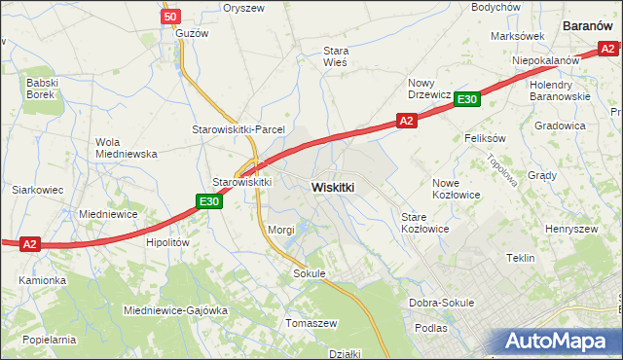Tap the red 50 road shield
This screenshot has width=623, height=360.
pos(170,17)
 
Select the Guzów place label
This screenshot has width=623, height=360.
pos(192,32)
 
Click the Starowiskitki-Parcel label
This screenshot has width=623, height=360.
pos(237,129)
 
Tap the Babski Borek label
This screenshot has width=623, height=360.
pos(43,90)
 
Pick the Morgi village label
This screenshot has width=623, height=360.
pos(281,230)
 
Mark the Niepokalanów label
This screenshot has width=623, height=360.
pos(546,60)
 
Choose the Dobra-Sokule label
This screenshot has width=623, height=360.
pos(441,303)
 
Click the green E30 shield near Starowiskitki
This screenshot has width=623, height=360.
pos(208,201)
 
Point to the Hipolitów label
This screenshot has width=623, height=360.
pos(165,243)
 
